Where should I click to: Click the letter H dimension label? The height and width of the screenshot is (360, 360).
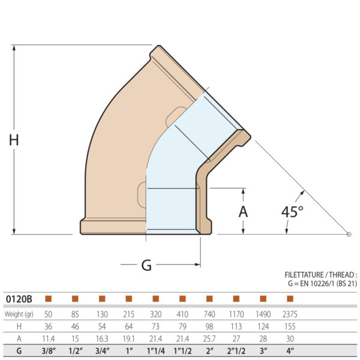click(x=14, y=140)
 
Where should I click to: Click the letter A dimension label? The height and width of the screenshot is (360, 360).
click(x=243, y=211)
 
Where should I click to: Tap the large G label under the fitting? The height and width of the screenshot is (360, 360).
click(x=146, y=265)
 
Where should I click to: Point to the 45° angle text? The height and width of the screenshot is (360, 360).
click(x=293, y=211)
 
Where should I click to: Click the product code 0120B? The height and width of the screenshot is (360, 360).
click(x=19, y=298)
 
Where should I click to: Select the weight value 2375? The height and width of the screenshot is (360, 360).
click(x=290, y=314)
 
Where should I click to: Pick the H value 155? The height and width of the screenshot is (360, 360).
click(x=290, y=326)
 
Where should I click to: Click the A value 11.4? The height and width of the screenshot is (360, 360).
click(x=48, y=339)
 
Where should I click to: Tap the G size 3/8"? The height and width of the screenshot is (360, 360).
click(x=48, y=352)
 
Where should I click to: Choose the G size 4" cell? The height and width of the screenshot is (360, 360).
click(x=290, y=352)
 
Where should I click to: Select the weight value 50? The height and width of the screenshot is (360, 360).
click(x=48, y=314)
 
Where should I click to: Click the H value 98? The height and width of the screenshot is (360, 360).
click(x=209, y=326)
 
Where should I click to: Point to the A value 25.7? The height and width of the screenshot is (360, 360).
click(x=209, y=339)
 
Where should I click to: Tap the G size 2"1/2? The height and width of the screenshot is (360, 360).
click(x=236, y=352)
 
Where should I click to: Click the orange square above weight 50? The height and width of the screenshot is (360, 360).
click(x=48, y=298)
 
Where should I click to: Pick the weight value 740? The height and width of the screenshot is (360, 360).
click(x=209, y=314)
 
